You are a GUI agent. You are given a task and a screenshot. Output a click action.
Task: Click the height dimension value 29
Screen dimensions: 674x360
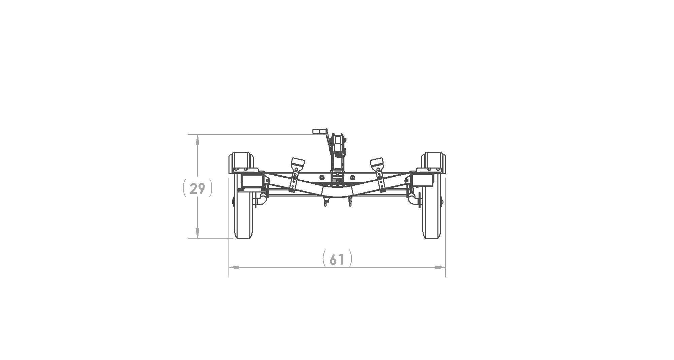tap(197, 189)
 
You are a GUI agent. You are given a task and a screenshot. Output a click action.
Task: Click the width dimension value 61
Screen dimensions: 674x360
tap(337, 260)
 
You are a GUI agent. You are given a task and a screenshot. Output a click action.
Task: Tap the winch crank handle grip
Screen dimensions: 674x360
tap(318, 131)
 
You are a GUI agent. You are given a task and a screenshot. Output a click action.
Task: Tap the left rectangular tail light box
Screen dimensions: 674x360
tap(252, 181)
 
